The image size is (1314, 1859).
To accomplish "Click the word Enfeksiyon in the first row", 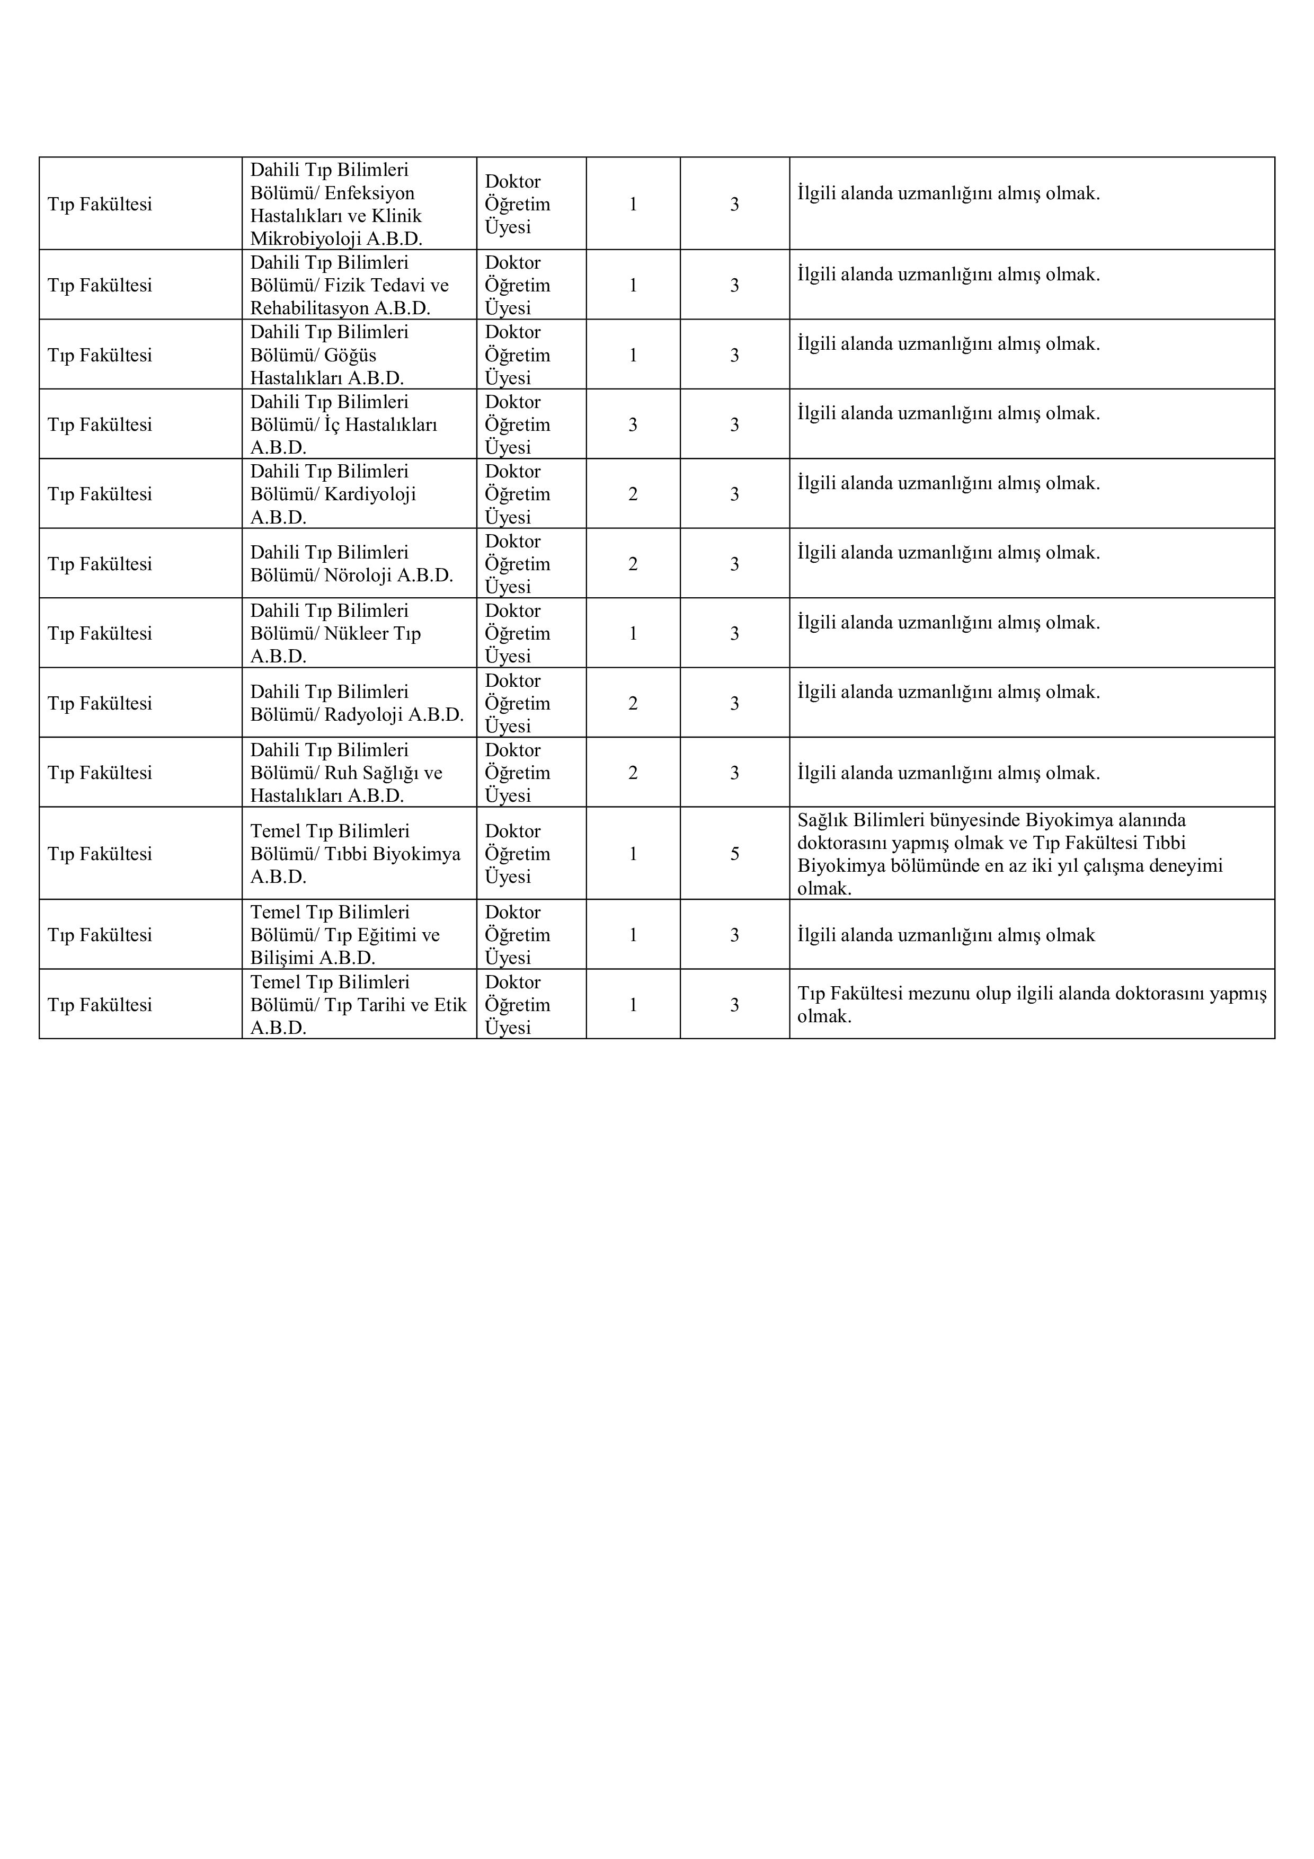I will point(369,193).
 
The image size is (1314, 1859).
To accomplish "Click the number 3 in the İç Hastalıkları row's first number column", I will point(633,425).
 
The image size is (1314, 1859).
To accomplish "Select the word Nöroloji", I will point(358,576).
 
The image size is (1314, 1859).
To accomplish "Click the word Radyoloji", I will point(363,715).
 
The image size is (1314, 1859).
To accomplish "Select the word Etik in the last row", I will point(450,1005).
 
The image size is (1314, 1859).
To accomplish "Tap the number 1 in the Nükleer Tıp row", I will point(633,634).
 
